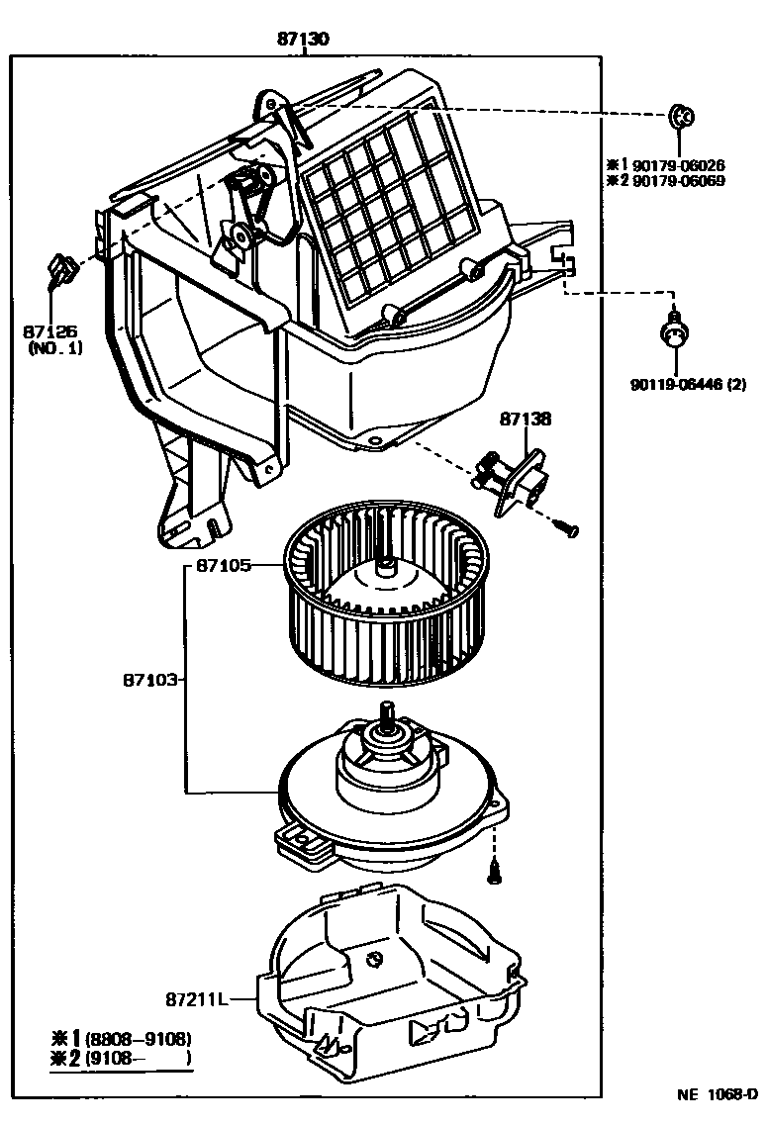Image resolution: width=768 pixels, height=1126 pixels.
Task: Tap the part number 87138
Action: coord(525,420)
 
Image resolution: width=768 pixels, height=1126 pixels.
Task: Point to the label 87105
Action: coord(223,566)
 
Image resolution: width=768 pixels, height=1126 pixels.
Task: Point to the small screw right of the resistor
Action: coord(567,529)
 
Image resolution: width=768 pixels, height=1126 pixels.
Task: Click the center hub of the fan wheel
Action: coord(385,571)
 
